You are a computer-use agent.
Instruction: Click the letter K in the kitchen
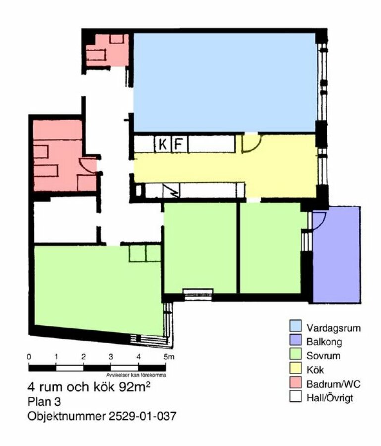tap(163, 144)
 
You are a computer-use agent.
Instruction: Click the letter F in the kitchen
tap(178, 144)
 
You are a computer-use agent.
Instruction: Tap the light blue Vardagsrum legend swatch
tap(295, 326)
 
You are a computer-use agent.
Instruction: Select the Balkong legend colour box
tap(295, 340)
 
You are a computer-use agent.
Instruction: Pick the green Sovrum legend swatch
tap(295, 354)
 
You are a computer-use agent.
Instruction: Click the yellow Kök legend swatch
tap(295, 368)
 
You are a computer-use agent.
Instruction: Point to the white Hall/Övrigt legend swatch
tap(295, 396)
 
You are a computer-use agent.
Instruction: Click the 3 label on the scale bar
tap(111, 357)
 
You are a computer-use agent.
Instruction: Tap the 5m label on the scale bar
tap(169, 357)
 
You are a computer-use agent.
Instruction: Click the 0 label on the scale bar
tap(29, 357)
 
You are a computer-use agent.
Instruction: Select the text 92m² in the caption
tap(135, 387)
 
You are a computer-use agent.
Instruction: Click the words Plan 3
tap(45, 401)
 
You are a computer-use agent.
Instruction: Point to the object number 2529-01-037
tap(143, 416)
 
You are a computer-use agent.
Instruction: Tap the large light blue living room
tap(224, 82)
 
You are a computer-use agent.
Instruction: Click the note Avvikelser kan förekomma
tap(136, 375)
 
